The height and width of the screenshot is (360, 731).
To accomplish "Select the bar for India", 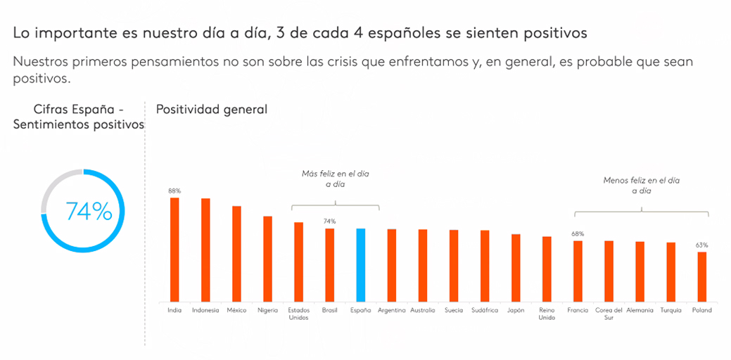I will click(x=174, y=250).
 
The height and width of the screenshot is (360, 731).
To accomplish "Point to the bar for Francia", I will click(x=578, y=271).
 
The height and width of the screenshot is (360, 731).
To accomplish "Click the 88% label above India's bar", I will click(x=174, y=191).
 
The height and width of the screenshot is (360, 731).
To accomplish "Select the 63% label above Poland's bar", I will click(x=702, y=245).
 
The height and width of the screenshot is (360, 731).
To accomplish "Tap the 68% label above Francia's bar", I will click(x=578, y=234).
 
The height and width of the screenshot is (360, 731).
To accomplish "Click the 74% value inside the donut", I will click(x=89, y=211).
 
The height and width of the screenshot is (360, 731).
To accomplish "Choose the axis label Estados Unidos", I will click(x=298, y=314).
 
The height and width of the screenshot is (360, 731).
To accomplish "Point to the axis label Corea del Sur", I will click(x=609, y=314).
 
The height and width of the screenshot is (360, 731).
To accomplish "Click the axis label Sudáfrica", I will click(x=484, y=310).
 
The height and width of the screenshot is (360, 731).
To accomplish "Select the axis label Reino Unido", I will click(x=547, y=314).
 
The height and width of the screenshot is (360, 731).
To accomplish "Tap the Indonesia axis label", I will click(x=205, y=310).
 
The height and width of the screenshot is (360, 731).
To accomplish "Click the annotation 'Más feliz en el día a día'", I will click(x=335, y=178).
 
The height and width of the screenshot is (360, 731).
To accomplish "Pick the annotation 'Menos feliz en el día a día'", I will click(x=642, y=185).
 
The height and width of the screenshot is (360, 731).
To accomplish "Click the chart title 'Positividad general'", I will click(x=212, y=109).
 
